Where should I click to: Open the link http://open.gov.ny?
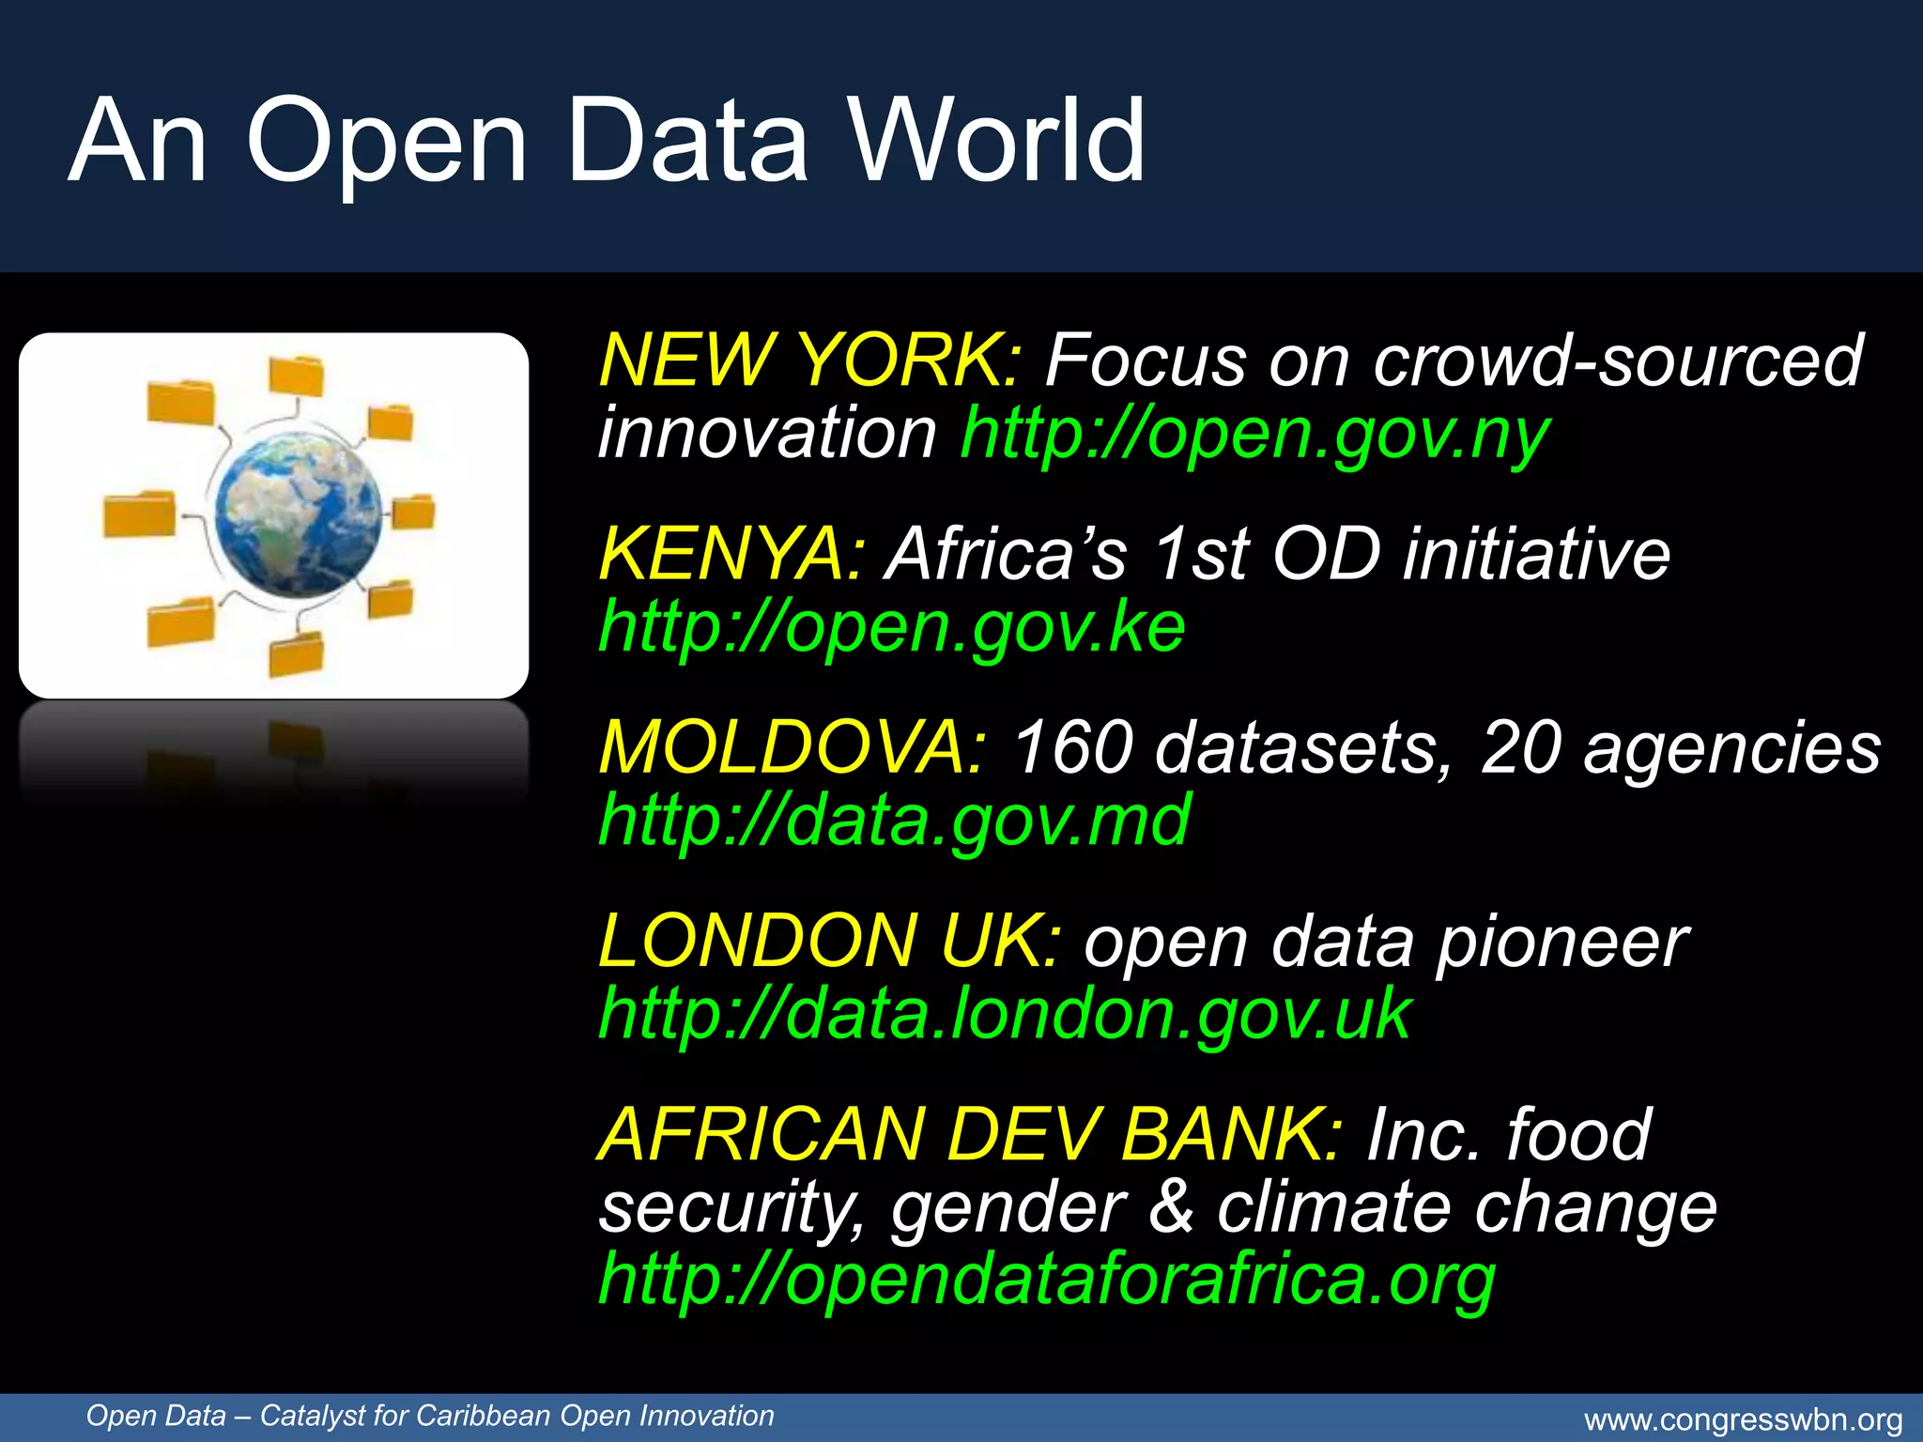[x=1254, y=434]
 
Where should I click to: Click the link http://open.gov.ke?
[x=892, y=627]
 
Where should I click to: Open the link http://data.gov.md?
[x=895, y=821]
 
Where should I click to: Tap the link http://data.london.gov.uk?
[x=1005, y=1014]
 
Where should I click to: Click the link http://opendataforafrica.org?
[x=1047, y=1280]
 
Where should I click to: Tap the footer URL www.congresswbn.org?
[x=1743, y=1420]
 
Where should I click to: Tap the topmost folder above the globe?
[x=296, y=376]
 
